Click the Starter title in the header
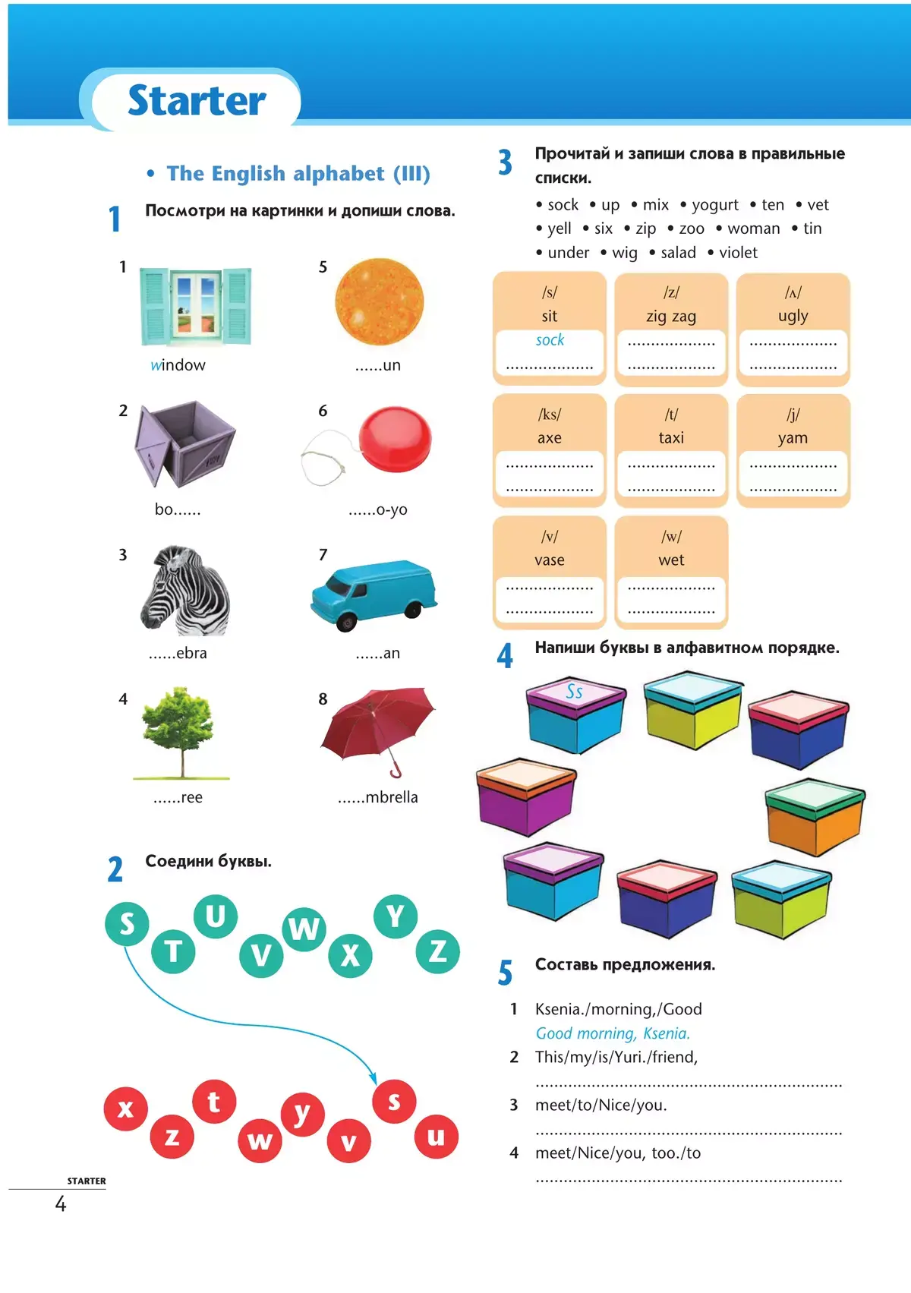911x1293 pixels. (197, 100)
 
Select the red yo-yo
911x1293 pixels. (394, 440)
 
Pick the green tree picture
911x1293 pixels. (180, 729)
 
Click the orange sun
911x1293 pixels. (379, 301)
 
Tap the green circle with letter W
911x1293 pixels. (304, 928)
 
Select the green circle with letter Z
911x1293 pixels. (438, 951)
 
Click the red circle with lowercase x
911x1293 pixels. (126, 1109)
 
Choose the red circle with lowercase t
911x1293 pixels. (214, 1101)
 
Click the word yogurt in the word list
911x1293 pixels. (714, 205)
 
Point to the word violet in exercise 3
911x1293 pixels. (738, 253)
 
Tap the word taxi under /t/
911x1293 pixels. (671, 438)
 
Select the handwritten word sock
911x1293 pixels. (550, 340)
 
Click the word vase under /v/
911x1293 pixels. (549, 560)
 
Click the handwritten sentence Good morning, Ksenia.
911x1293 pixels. (613, 1033)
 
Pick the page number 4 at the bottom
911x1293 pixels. (61, 1204)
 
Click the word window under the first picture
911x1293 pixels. (178, 365)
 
